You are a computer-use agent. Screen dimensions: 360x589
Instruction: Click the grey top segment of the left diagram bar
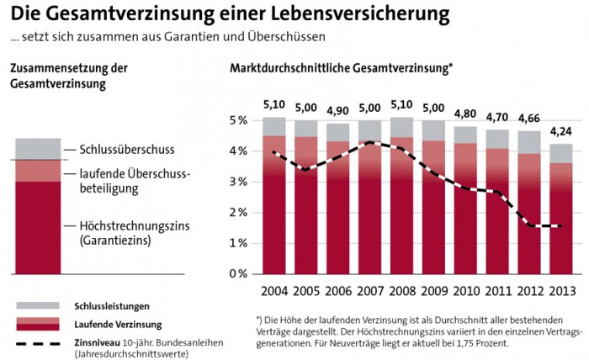click(x=38, y=148)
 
